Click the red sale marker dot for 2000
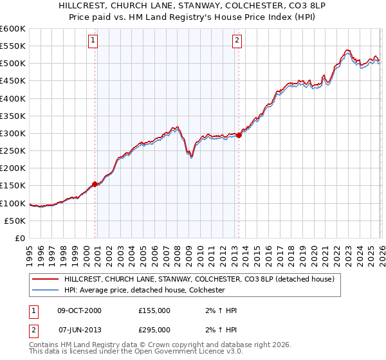click(x=95, y=184)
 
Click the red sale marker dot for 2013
click(x=239, y=135)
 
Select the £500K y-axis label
click(x=13, y=64)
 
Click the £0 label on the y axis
click(x=19, y=238)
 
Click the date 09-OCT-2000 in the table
click(x=80, y=310)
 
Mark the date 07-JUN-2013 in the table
click(x=80, y=330)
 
